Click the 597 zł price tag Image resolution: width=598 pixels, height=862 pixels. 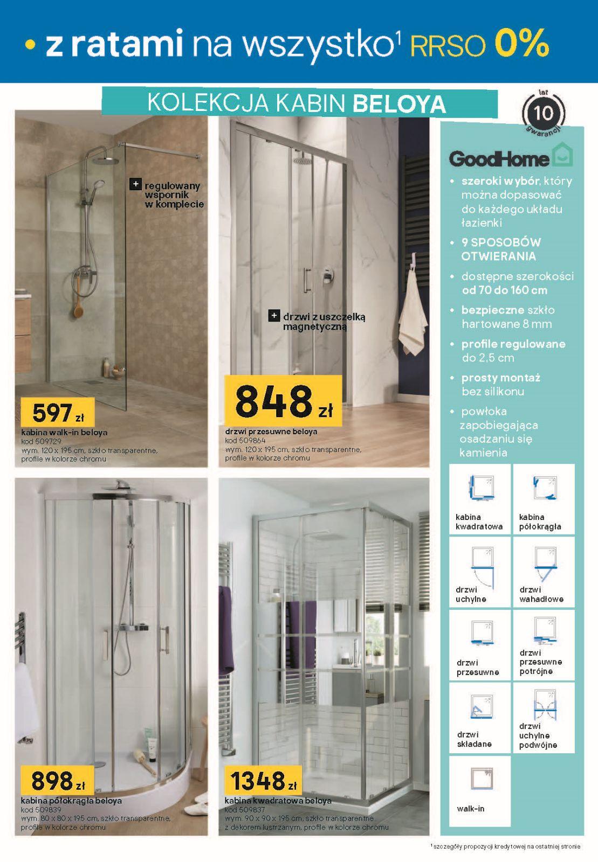pos(57,412)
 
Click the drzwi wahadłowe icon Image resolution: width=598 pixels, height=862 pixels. pos(544,563)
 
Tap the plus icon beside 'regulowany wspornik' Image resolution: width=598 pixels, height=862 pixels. pos(136,184)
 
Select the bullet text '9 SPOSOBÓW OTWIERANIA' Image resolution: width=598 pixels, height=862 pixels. pos(501,249)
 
